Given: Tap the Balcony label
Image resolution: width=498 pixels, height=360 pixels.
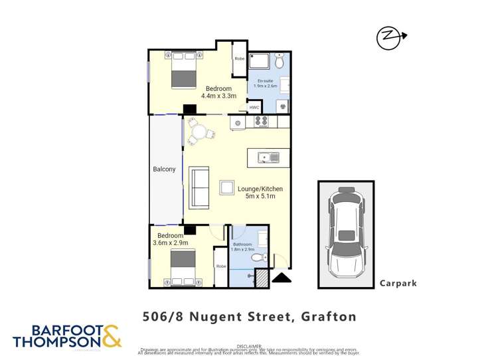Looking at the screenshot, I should click(164, 169).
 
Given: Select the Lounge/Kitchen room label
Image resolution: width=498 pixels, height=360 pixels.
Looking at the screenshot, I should click(260, 189).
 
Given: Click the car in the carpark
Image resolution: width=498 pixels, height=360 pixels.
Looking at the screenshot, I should click(345, 232).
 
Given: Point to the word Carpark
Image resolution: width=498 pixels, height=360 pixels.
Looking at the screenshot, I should click(398, 283).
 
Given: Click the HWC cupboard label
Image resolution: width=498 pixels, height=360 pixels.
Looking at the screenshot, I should click(254, 108).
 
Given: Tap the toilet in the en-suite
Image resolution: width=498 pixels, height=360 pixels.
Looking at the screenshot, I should click(280, 62).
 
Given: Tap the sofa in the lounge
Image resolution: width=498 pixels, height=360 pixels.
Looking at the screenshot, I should click(199, 188).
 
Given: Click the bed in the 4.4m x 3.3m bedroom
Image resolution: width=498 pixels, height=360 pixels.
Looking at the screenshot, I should click(184, 70).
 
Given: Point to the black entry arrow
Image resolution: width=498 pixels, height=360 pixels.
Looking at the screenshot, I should click(282, 278).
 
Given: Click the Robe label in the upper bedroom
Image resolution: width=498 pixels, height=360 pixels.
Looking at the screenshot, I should click(239, 58).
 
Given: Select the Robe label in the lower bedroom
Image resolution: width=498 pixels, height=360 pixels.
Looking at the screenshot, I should click(221, 266).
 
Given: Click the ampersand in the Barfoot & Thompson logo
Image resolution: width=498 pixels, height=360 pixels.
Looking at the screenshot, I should click(111, 335).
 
